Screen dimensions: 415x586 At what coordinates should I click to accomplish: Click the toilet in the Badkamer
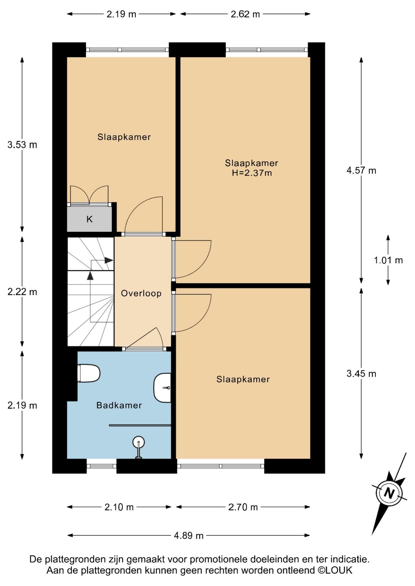coord(89,373)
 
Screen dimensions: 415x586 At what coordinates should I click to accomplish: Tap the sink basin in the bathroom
coord(162,388)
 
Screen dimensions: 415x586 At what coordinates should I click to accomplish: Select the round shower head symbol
coord(138,442)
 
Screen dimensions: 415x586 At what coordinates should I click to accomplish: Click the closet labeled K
coord(89,219)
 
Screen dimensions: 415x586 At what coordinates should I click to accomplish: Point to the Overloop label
coord(141,293)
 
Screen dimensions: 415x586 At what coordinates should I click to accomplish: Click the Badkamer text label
coord(119,405)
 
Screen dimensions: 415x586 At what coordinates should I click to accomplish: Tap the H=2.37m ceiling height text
coord(252,173)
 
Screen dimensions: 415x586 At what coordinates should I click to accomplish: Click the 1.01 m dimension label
coord(388,260)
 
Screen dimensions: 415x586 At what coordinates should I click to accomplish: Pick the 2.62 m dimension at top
coord(245,14)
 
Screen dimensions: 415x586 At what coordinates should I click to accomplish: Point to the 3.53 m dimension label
coord(22,144)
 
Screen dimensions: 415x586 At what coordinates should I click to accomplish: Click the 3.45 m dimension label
coord(361,373)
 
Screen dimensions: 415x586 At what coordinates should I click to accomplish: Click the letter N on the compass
coord(389,493)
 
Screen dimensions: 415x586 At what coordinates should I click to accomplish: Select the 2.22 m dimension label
coord(22,292)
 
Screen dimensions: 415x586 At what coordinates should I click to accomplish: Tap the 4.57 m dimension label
coord(361,170)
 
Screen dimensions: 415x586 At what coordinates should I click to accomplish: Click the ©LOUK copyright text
coord(335,570)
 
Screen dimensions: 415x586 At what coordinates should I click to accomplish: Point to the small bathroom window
coord(101,466)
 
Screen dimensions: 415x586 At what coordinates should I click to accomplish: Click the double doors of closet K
coord(89,195)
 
